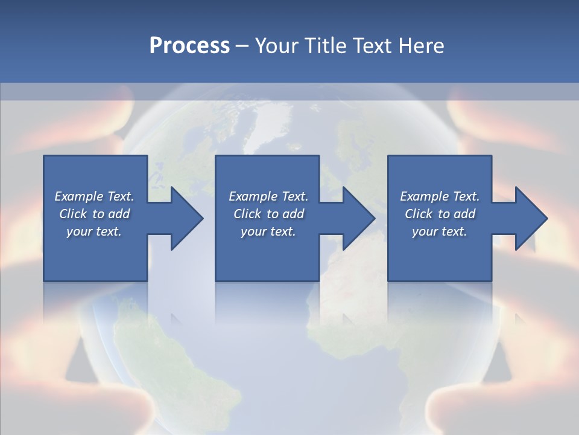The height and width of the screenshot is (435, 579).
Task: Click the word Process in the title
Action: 189,46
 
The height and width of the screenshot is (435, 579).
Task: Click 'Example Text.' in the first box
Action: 94,196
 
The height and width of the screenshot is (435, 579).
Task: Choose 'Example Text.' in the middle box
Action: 268,196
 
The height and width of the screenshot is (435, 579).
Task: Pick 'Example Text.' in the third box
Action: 440,196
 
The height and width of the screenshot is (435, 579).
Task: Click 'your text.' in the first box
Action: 94,231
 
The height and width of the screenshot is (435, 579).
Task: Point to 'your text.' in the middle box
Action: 268,231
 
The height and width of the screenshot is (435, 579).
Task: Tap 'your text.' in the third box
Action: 440,231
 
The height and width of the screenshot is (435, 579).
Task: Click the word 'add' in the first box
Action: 119,214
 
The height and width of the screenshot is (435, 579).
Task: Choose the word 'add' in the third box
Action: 464,214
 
